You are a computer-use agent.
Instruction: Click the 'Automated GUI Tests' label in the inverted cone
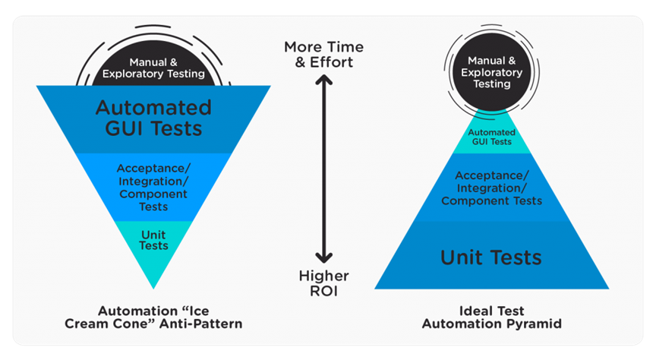coord(153,118)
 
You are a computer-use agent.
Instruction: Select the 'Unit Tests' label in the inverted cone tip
coord(153,240)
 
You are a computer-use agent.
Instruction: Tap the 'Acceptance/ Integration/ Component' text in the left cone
coord(153,187)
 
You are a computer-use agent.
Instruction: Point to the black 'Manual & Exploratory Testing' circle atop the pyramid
coord(492,72)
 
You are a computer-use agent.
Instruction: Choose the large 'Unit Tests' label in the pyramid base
coord(491,257)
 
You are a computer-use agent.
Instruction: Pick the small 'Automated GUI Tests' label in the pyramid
coord(492,137)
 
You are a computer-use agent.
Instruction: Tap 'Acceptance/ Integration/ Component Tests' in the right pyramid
coord(492,188)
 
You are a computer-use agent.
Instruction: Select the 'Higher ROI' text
coord(324,283)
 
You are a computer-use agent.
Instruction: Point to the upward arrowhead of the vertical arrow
coord(324,81)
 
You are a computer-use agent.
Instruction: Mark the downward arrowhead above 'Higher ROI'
coord(324,256)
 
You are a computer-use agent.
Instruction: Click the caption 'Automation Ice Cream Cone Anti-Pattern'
coord(154,317)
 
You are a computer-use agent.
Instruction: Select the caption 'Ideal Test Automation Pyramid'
coord(491,317)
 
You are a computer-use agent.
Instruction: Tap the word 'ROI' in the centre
coord(324,290)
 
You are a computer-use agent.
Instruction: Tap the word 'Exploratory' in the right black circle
coord(492,72)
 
